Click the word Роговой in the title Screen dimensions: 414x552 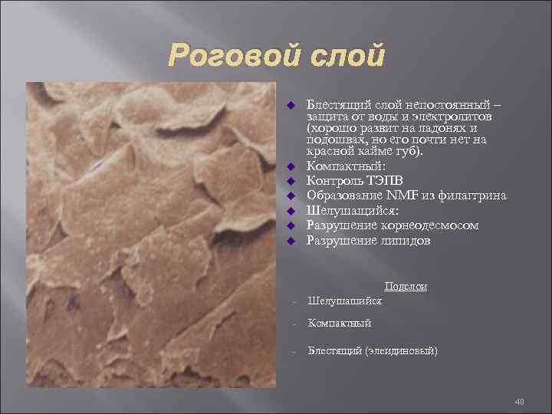[x=222, y=55]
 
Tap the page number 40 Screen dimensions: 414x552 [x=519, y=402]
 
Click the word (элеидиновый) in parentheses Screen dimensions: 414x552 [x=402, y=351]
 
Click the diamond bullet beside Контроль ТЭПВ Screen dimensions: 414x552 [x=291, y=181]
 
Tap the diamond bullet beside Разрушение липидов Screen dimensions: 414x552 [x=291, y=241]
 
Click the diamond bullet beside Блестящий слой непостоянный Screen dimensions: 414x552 [x=291, y=103]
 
